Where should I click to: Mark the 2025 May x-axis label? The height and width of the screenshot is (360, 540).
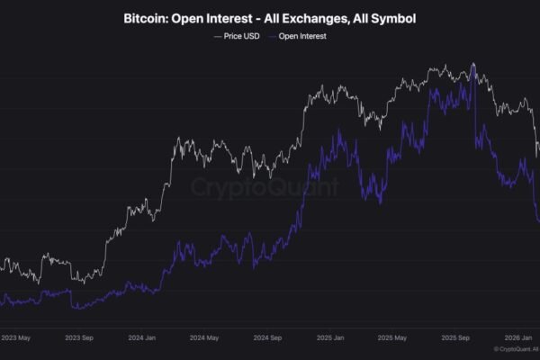pos(394,339)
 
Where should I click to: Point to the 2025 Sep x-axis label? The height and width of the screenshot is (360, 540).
pos(455,339)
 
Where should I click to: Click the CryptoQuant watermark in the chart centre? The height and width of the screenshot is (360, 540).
pos(265,187)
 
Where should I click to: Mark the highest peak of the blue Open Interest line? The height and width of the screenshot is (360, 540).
pos(473,64)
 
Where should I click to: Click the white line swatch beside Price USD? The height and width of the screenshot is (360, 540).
pos(218,36)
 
